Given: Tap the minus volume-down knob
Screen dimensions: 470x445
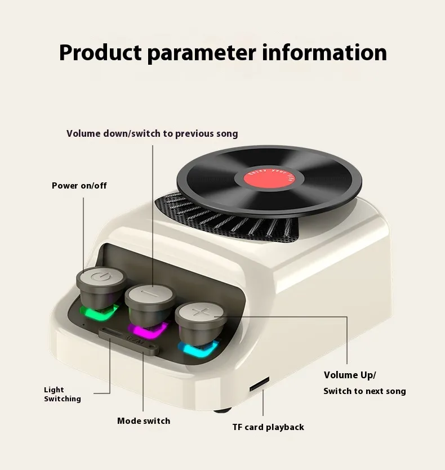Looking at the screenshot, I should pos(150,294).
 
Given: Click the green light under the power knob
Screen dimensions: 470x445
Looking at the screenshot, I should pos(99,310).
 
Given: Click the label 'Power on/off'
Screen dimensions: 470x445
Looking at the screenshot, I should pos(79,185).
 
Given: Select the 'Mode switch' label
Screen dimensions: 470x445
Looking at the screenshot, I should pos(143,420).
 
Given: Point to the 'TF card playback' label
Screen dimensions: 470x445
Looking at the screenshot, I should pos(268,427).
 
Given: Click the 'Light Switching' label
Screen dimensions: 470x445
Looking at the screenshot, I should pos(62,394).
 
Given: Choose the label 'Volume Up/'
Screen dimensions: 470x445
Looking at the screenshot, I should pos(349,375).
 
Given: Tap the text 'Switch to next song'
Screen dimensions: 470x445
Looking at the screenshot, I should pos(364,391).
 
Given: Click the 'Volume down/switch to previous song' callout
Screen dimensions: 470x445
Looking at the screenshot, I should pos(152,133).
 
